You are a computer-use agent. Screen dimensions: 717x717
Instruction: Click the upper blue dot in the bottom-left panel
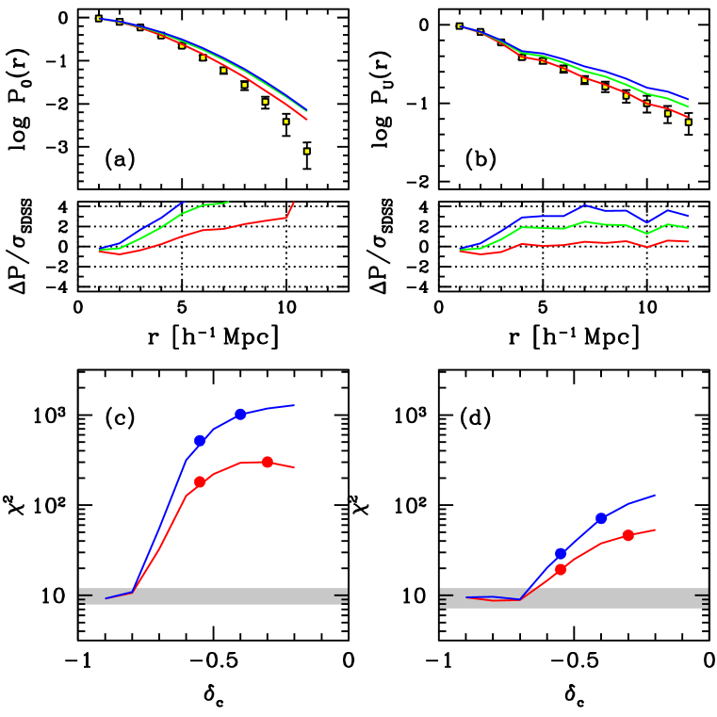coord(240,414)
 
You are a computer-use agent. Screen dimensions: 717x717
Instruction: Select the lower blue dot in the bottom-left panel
coord(200,440)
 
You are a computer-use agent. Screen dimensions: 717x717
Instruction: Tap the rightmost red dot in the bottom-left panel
coord(268,462)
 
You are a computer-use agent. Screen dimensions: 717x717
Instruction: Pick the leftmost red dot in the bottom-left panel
coord(200,481)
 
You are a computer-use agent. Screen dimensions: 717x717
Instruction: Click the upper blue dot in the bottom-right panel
coord(601,518)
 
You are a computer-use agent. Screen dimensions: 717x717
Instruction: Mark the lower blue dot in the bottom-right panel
coord(561,553)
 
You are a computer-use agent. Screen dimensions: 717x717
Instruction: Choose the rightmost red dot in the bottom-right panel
coord(627,535)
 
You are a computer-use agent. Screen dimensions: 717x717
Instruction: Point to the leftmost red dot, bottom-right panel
coord(561,569)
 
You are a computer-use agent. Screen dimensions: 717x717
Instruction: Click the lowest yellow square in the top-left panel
coord(306,151)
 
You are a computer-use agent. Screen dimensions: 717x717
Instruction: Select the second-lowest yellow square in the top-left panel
coord(285,122)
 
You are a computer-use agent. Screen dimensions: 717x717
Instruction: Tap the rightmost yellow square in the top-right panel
coord(688,122)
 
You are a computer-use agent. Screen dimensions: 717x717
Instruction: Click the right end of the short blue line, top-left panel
coord(184,202)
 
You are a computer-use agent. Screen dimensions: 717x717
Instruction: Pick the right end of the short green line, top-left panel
coord(228,202)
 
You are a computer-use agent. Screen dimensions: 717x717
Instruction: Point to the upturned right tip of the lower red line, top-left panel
coord(294,202)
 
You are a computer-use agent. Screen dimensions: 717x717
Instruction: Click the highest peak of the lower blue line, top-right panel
coord(585,204)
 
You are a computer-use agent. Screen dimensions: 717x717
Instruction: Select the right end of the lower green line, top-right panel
coord(688,228)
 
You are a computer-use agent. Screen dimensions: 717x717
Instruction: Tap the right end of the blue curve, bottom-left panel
coord(294,405)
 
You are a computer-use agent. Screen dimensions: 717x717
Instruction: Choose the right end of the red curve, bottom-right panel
coord(655,529)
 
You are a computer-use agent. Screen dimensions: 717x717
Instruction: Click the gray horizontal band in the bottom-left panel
coord(213,595)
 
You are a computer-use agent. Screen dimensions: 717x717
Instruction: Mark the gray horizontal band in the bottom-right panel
coord(573,597)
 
